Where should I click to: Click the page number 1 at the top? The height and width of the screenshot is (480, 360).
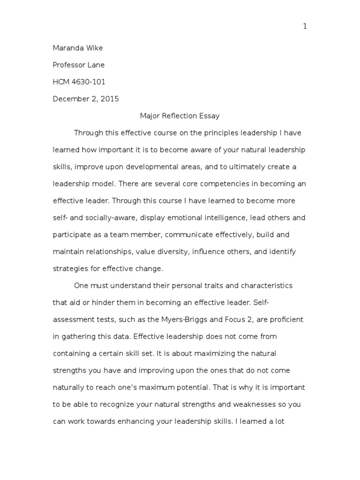tap(305, 26)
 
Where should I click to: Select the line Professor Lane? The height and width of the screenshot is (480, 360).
tap(79, 65)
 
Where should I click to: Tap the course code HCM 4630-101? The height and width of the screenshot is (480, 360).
tap(79, 82)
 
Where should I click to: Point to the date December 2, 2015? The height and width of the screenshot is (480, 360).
tap(86, 99)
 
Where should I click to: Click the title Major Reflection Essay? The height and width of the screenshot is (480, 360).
tap(180, 116)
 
